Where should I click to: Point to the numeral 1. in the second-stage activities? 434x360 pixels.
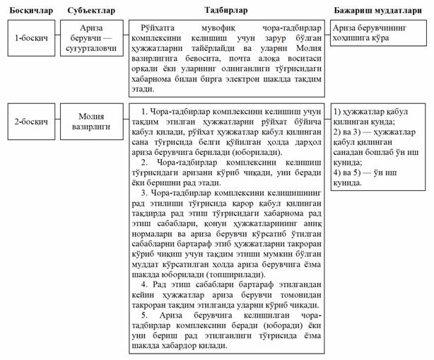click(x=144, y=112)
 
